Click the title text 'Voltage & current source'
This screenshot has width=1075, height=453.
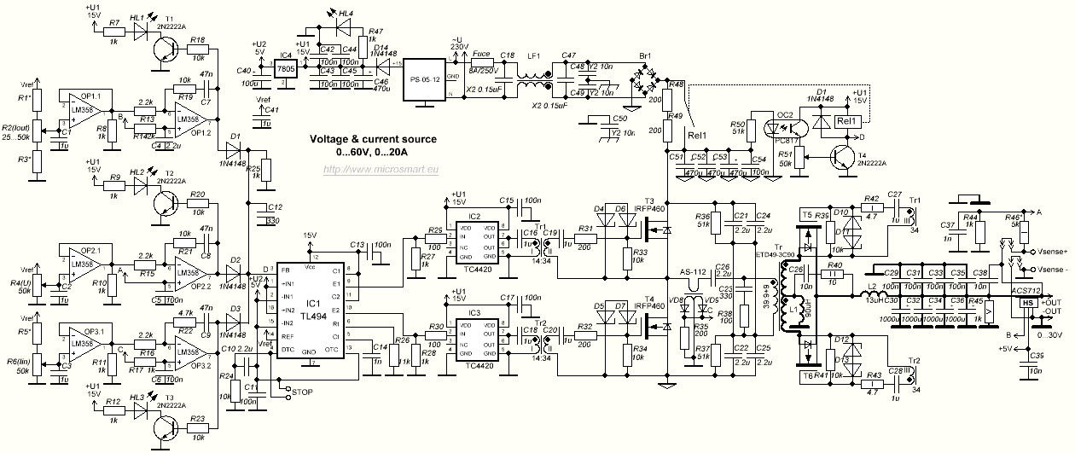click(x=373, y=139)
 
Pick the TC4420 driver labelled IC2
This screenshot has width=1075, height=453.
click(x=479, y=241)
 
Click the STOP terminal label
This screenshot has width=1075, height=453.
click(x=305, y=392)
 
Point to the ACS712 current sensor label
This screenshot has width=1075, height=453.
click(x=1029, y=289)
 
